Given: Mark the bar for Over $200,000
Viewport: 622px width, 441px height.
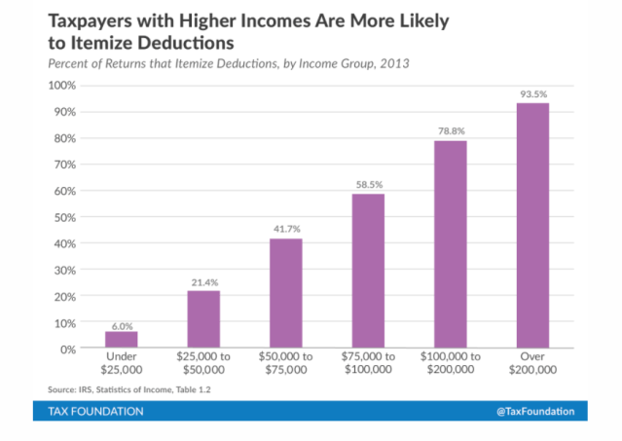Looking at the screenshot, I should (x=532, y=225).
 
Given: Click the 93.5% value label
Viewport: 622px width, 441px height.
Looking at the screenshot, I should (x=532, y=94).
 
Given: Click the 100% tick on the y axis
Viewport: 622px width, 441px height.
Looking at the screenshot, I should (x=61, y=86).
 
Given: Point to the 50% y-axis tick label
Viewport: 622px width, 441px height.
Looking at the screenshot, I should (x=64, y=217).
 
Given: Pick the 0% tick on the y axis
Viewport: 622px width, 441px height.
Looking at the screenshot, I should (x=67, y=349).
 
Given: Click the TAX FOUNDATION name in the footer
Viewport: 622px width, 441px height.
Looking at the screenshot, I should (x=95, y=412).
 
